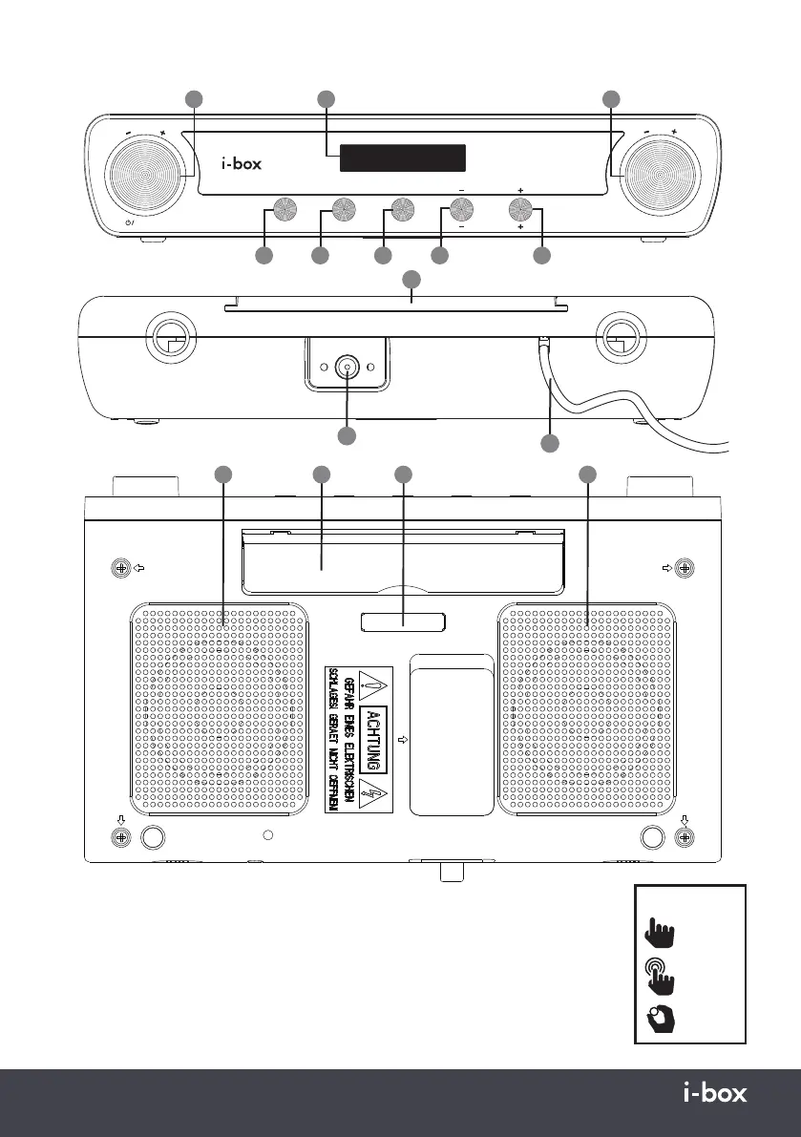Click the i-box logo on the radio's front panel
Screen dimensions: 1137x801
coord(241,163)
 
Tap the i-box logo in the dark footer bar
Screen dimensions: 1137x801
coord(716,1093)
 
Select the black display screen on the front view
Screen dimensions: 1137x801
coord(403,158)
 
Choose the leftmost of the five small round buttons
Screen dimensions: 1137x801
coord(284,209)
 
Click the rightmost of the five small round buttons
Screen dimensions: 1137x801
coord(520,209)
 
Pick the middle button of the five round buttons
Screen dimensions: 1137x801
coord(402,209)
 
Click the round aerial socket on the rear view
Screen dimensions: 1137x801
coord(347,368)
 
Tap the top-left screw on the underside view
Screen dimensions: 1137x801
coord(121,568)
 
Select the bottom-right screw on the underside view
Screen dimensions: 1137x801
coord(684,836)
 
